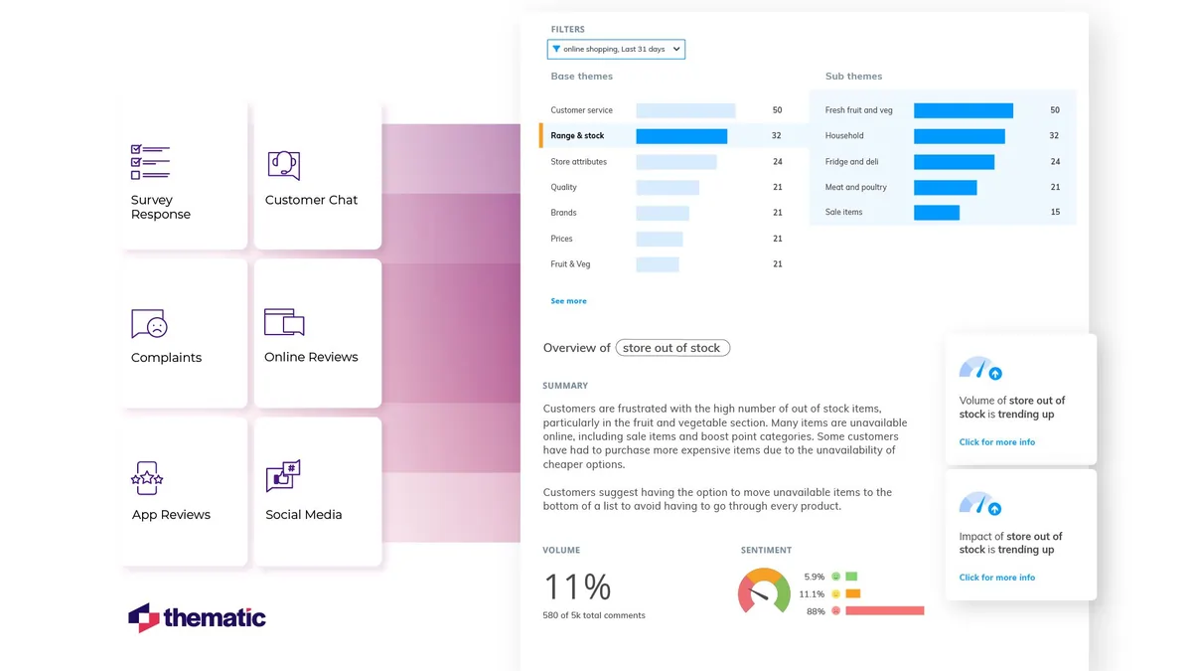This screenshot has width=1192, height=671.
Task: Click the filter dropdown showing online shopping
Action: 616,49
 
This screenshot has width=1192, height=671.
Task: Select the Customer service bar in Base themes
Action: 685,110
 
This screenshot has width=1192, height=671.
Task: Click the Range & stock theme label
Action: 577,136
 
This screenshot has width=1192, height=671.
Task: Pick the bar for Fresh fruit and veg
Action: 963,110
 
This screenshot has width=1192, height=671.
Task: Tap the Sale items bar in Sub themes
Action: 936,213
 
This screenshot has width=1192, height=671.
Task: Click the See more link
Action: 568,301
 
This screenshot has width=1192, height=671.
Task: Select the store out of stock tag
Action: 672,348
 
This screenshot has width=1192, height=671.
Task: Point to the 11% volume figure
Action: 577,587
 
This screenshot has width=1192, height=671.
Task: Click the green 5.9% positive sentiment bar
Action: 851,577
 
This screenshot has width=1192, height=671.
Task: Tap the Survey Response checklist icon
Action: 150,162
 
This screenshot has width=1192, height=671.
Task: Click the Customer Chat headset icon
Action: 283,164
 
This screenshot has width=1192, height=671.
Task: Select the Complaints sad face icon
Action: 149,323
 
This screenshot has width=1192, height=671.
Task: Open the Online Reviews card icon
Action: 284,322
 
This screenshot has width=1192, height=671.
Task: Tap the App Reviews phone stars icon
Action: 147,478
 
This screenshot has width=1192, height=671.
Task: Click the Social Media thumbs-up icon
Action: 283,476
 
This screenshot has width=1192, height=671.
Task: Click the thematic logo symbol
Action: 144,617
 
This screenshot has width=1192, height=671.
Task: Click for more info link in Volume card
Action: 996,442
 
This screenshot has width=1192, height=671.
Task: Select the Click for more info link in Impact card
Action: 996,578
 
